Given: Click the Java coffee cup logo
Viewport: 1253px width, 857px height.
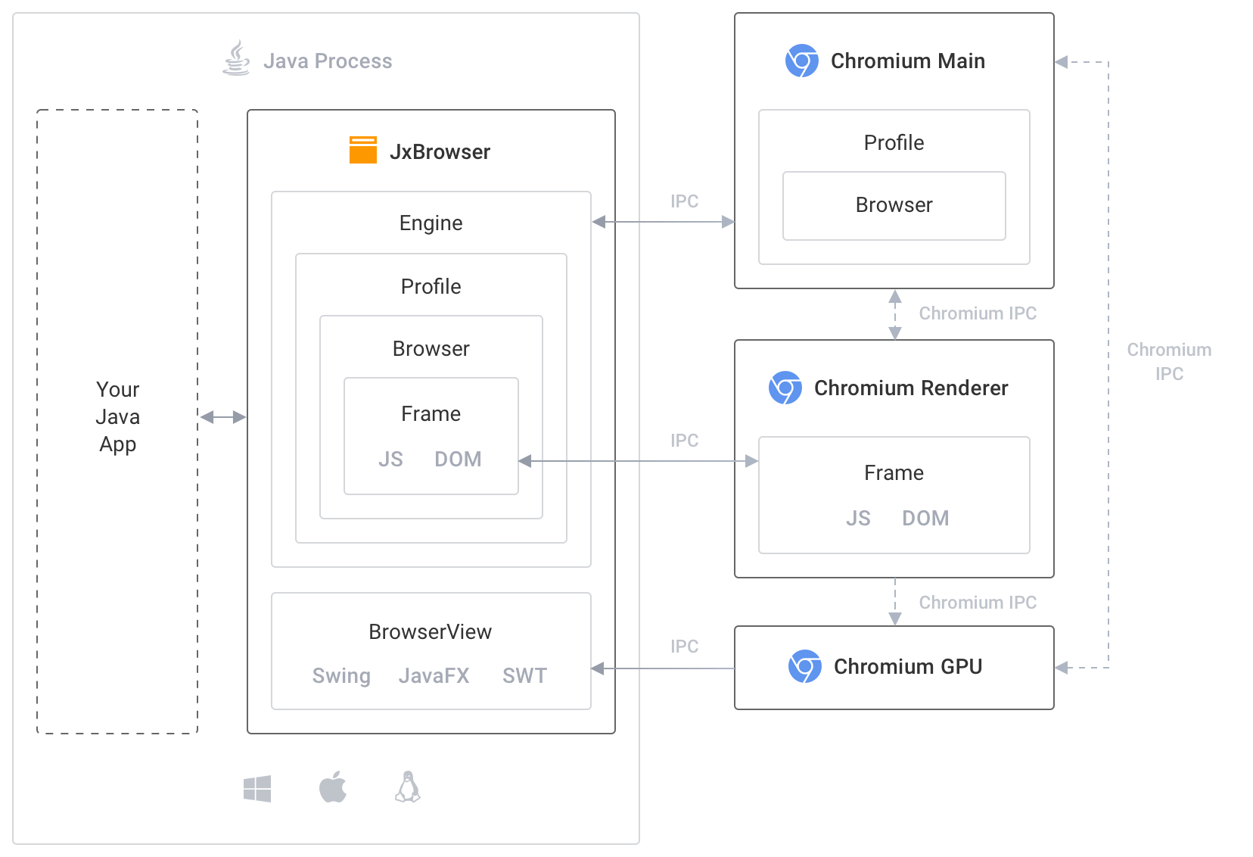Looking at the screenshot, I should click(x=236, y=58).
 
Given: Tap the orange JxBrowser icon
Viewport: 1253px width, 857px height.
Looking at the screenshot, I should click(x=363, y=150).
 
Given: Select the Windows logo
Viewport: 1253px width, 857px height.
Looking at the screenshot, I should click(x=257, y=789).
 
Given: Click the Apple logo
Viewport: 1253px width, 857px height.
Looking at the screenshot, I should click(x=333, y=787).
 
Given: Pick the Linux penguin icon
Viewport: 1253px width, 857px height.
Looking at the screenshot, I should click(x=408, y=787).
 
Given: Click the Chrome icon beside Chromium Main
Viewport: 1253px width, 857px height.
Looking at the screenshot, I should click(x=802, y=61).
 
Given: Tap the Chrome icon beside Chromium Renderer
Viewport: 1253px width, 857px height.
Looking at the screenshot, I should click(x=785, y=388).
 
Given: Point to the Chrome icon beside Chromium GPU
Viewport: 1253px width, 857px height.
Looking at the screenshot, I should click(x=805, y=666).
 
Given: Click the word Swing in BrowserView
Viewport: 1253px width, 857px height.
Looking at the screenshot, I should click(x=341, y=675).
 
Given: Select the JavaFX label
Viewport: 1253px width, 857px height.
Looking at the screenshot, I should click(x=434, y=675).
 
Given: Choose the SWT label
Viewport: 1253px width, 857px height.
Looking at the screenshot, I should click(x=524, y=675).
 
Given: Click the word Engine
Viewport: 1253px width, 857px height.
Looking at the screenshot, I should click(x=431, y=223).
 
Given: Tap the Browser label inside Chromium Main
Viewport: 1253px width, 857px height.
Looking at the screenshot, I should click(x=894, y=205).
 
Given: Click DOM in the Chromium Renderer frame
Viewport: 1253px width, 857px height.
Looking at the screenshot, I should click(x=925, y=519).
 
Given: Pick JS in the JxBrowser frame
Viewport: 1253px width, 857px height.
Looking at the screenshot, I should click(x=390, y=460).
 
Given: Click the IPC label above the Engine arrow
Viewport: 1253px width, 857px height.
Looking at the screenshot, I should click(x=684, y=201).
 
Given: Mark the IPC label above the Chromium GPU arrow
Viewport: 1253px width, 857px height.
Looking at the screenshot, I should click(x=684, y=647).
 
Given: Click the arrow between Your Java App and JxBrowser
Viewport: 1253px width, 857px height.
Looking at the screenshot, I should click(x=222, y=416).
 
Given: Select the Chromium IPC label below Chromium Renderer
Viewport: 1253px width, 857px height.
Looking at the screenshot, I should click(x=978, y=603).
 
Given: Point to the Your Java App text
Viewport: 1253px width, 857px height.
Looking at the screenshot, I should click(x=118, y=416).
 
